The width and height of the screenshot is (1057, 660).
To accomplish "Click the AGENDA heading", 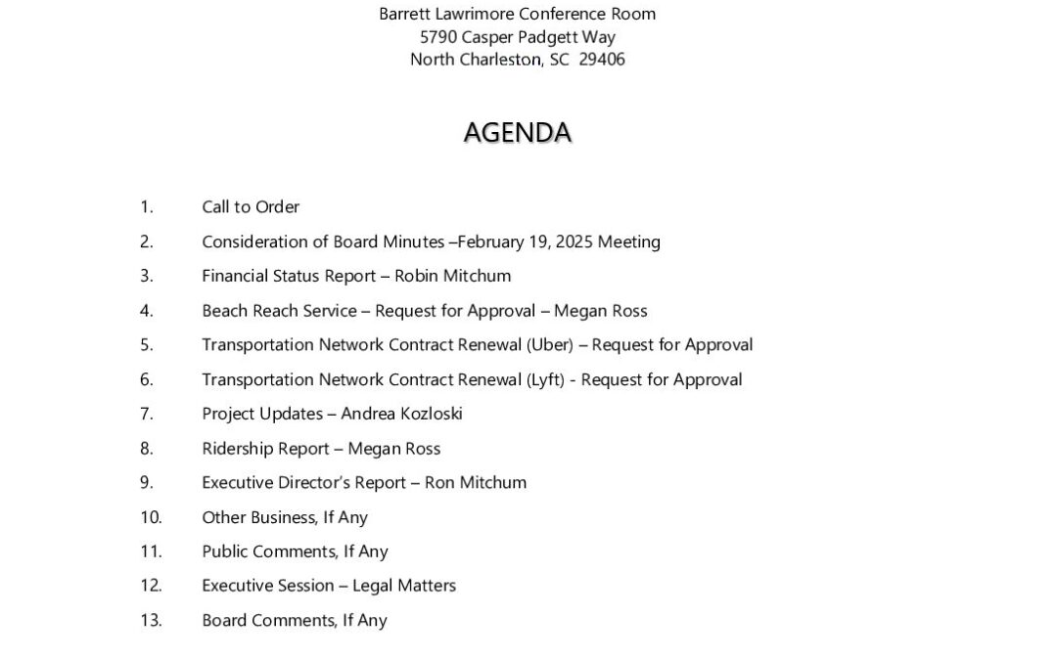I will tap(517, 133).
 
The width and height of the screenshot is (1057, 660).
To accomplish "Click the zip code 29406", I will tap(602, 60).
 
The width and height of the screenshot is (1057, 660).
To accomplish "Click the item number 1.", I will tap(147, 207).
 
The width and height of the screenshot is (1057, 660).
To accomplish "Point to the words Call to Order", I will tap(251, 207).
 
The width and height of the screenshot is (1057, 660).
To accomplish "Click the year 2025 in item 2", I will tap(574, 242).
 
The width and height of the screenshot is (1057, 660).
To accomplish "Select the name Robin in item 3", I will tap(417, 276).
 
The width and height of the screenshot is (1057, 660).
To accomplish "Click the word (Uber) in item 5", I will tap(550, 345).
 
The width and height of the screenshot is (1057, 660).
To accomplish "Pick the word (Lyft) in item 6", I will tap(545, 379).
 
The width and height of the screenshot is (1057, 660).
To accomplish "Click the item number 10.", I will tap(151, 517).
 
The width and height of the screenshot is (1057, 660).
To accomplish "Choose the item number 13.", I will tap(151, 620).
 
